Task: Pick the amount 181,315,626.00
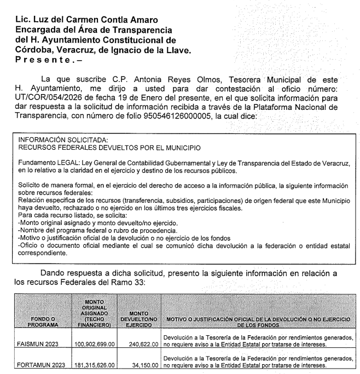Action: pyautogui.click(x=95, y=364)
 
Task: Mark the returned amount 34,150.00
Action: pyautogui.click(x=145, y=364)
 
